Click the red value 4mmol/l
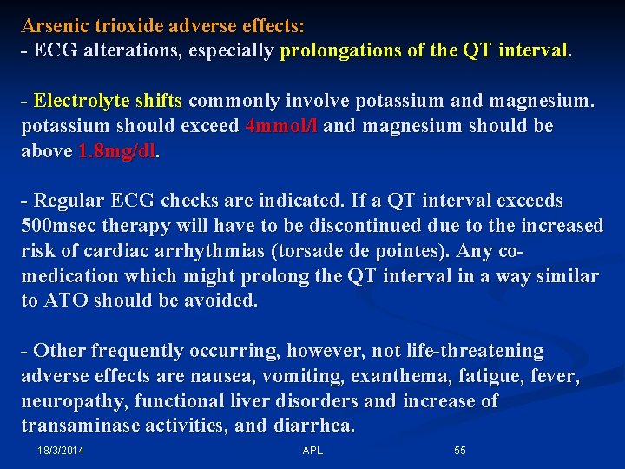click(281, 127)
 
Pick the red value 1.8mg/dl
click(118, 152)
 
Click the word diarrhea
click(313, 426)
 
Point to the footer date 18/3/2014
click(62, 451)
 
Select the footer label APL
click(312, 451)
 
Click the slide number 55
click(460, 451)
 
